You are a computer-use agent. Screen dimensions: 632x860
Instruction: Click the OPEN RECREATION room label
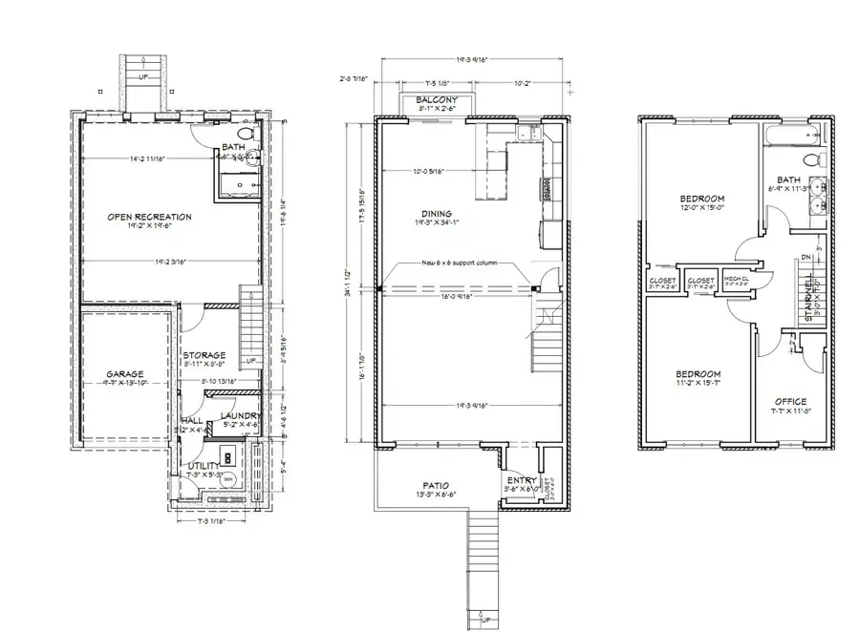pyautogui.click(x=149, y=217)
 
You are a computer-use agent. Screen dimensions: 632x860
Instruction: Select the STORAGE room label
pyautogui.click(x=204, y=355)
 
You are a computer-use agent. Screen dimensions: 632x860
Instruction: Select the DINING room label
pyautogui.click(x=435, y=214)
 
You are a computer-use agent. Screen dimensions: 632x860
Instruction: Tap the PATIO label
pyautogui.click(x=436, y=484)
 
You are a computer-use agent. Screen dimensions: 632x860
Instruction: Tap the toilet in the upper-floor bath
pyautogui.click(x=812, y=158)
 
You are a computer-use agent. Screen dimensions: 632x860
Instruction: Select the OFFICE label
pyautogui.click(x=790, y=401)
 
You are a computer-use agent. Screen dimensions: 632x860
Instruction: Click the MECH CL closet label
pyautogui.click(x=735, y=279)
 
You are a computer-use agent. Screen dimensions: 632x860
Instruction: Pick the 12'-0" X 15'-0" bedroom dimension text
pyautogui.click(x=703, y=207)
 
